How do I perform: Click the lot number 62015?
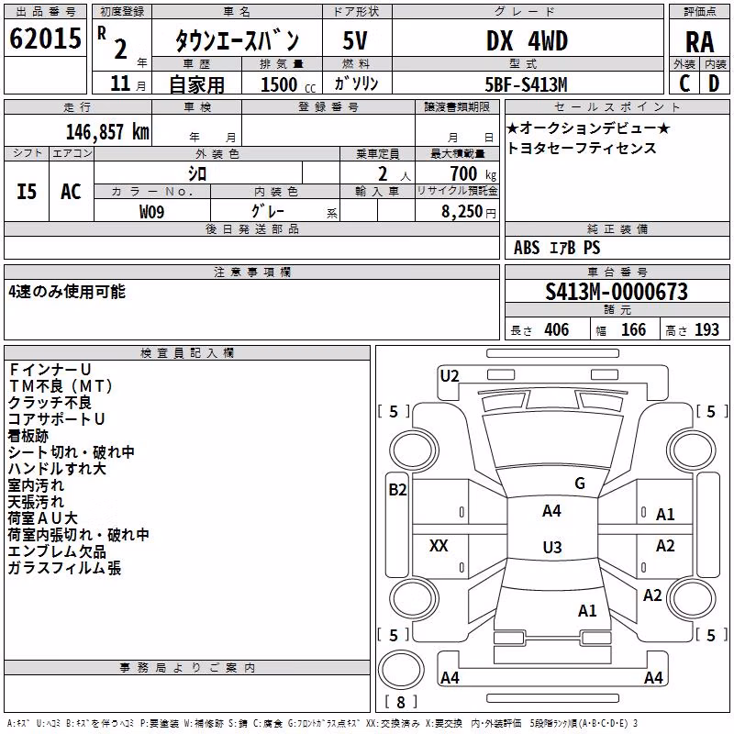tap(45, 38)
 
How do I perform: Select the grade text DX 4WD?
tap(527, 40)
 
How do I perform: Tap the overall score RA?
tap(699, 42)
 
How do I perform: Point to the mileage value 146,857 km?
tap(107, 132)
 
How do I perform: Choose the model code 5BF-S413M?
tap(526, 84)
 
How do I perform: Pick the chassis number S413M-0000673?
tap(617, 292)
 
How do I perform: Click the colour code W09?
tap(151, 212)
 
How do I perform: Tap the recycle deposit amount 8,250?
tap(462, 212)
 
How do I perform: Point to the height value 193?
tap(706, 329)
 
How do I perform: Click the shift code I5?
tap(27, 192)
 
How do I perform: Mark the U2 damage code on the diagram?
tap(450, 376)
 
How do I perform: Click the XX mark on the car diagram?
tap(439, 545)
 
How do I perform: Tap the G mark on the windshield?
tap(580, 484)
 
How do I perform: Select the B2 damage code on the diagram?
tap(397, 490)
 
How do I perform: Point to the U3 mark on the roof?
tap(552, 547)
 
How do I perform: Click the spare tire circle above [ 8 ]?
tap(401, 670)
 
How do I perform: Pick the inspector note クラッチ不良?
tap(50, 403)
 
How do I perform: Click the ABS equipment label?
tap(527, 248)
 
